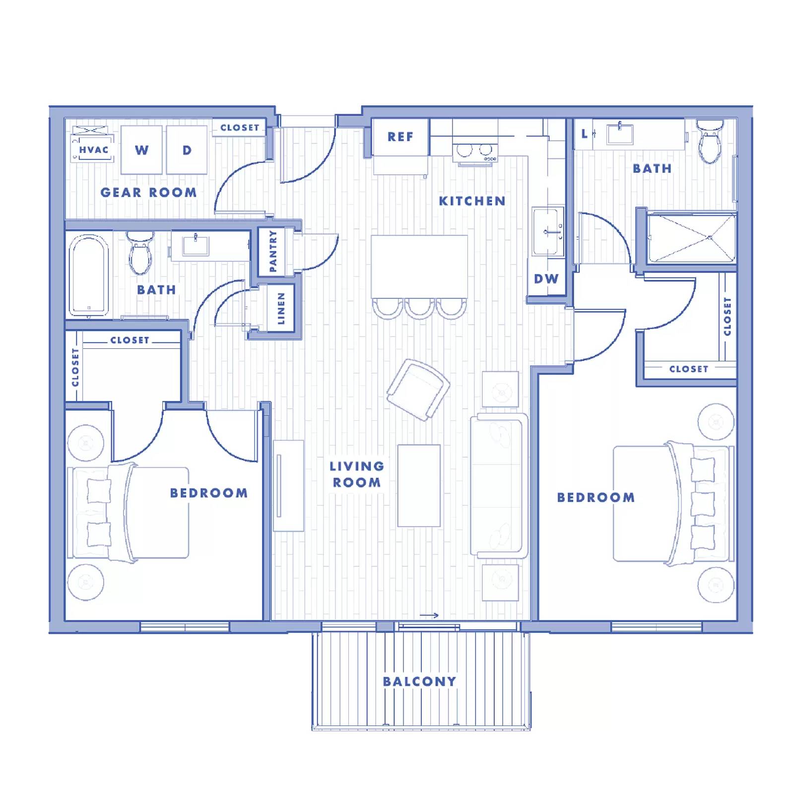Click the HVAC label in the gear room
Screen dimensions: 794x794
[x=93, y=149]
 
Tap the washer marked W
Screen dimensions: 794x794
[x=141, y=150]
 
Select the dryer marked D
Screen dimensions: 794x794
[x=187, y=150]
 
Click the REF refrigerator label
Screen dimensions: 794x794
[x=400, y=137]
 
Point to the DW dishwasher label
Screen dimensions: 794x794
[x=546, y=279]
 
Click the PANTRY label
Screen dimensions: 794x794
[x=272, y=251]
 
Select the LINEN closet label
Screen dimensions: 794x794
[x=281, y=308]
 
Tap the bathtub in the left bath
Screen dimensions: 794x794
[x=89, y=275]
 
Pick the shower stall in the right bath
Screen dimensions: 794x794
[x=692, y=238]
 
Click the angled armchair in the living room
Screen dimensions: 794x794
[x=418, y=390]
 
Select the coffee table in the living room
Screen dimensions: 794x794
[x=419, y=485]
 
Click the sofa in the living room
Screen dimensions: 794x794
[x=498, y=486]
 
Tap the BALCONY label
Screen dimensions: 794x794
[x=419, y=681]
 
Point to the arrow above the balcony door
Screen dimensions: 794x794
[x=429, y=615]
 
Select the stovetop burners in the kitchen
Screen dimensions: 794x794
[x=474, y=150]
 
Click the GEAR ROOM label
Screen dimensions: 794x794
[x=148, y=193]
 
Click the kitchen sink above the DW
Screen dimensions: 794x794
[x=548, y=231]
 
